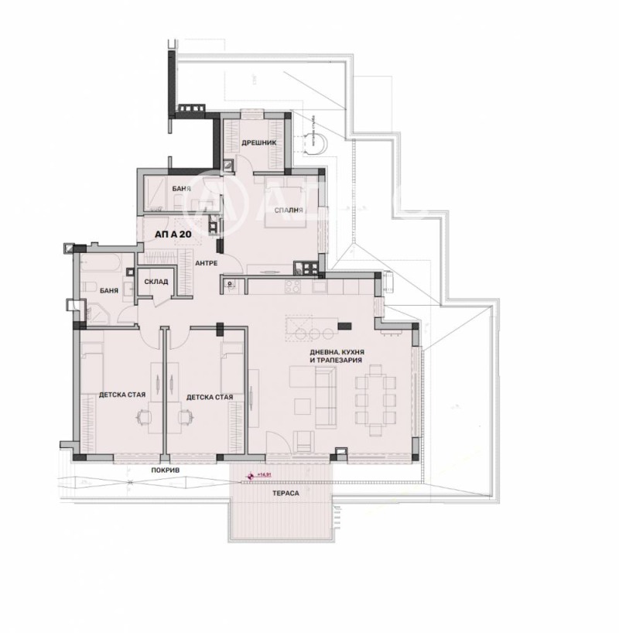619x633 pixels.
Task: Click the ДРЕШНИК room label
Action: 254,143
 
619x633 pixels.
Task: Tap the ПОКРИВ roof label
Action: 161,470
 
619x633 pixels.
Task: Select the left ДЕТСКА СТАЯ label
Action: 118,397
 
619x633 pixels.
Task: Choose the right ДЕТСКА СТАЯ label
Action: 209,397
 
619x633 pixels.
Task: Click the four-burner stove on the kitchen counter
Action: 292,286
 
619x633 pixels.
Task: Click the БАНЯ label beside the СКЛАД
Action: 109,292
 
